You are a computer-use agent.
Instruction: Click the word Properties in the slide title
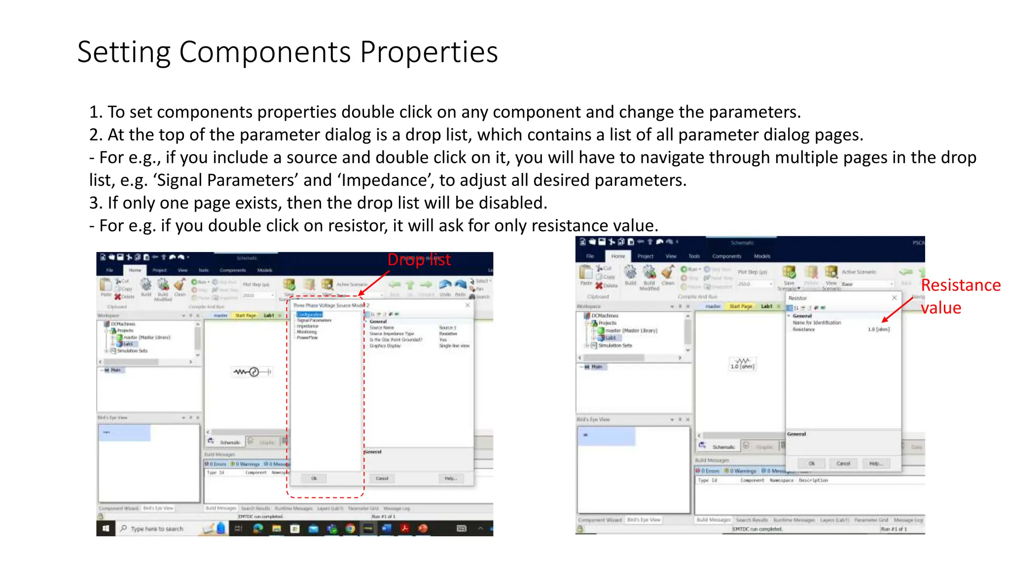click(429, 52)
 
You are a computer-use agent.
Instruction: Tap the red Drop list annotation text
click(419, 260)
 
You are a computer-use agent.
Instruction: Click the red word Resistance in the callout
click(960, 285)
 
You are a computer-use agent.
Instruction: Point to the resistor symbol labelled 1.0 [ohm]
click(742, 364)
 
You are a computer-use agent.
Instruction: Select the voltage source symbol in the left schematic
click(253, 372)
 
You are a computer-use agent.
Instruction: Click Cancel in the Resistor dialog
click(843, 463)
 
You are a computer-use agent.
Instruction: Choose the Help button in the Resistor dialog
click(875, 463)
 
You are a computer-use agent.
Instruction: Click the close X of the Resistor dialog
click(894, 298)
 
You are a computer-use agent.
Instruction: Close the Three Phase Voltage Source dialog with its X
click(468, 305)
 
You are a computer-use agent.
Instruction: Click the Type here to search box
click(157, 529)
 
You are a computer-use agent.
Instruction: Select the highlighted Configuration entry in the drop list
click(309, 314)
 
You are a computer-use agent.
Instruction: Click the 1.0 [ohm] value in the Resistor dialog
click(878, 329)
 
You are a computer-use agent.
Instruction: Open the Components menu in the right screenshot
click(726, 256)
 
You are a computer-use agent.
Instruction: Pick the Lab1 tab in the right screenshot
click(766, 306)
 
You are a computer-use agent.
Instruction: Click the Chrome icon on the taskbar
click(350, 529)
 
